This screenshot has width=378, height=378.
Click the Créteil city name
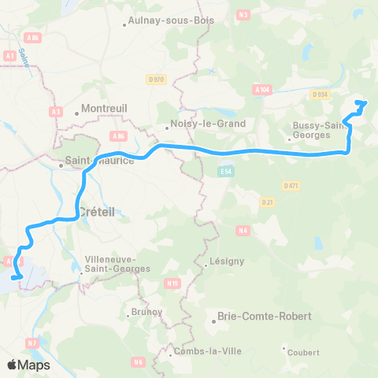tap(99, 211)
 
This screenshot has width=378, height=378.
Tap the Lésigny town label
tap(227, 261)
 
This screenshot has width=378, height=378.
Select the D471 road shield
tap(290, 185)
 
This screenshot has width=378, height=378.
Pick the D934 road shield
tap(319, 94)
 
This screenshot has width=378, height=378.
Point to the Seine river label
tap(25, 57)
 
